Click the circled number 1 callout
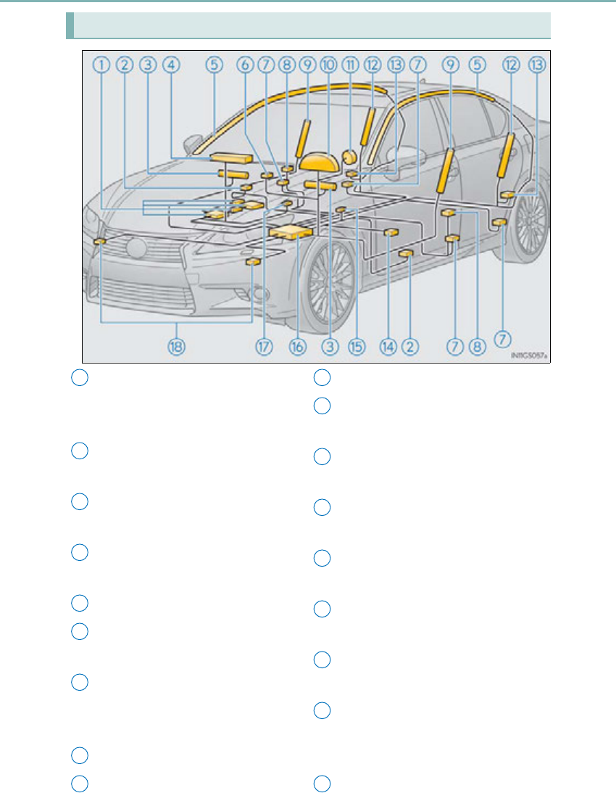pyautogui.click(x=101, y=65)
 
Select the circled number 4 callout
pyautogui.click(x=171, y=65)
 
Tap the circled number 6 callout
pyautogui.click(x=245, y=65)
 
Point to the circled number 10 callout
pyautogui.click(x=328, y=65)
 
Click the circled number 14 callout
pyautogui.click(x=388, y=346)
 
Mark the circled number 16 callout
pyautogui.click(x=296, y=346)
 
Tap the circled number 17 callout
pyautogui.click(x=264, y=346)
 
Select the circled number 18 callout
pyautogui.click(x=176, y=346)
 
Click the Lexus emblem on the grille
pyautogui.click(x=136, y=247)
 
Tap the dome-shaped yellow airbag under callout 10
pyautogui.click(x=320, y=160)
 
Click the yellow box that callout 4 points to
pyautogui.click(x=231, y=157)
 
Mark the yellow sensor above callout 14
pyautogui.click(x=391, y=232)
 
